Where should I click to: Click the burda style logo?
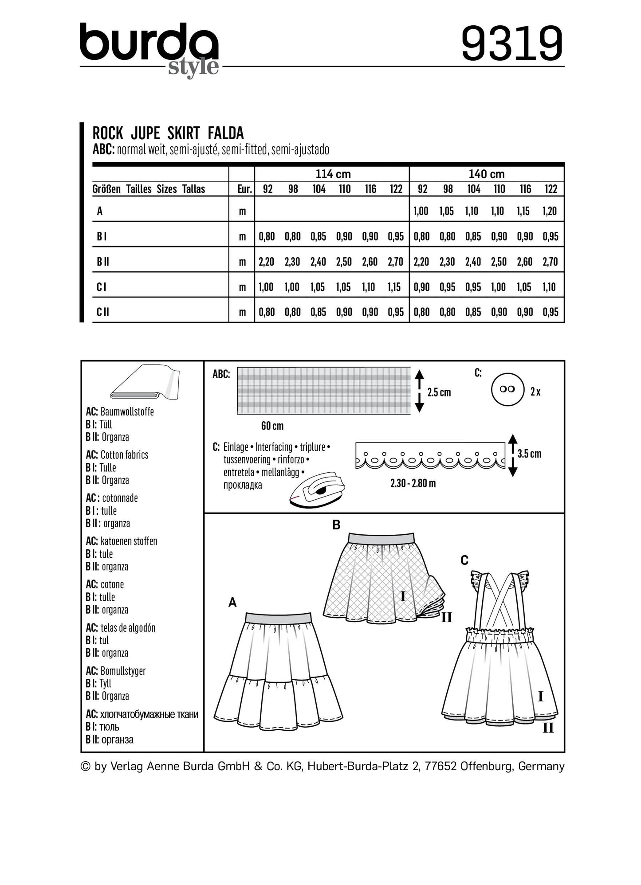point(149,48)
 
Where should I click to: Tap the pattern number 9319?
point(512,44)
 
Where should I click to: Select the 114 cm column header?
point(333,174)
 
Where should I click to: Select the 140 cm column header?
point(487,174)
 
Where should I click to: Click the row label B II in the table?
point(103,262)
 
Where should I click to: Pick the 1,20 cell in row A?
point(550,211)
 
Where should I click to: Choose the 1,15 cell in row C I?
point(393,287)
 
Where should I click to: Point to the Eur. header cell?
point(244,189)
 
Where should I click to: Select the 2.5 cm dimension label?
point(439,392)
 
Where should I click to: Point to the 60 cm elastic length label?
point(272,426)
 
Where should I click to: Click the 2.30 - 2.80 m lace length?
point(413,483)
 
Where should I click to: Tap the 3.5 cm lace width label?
point(529,454)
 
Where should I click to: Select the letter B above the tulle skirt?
point(336,525)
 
